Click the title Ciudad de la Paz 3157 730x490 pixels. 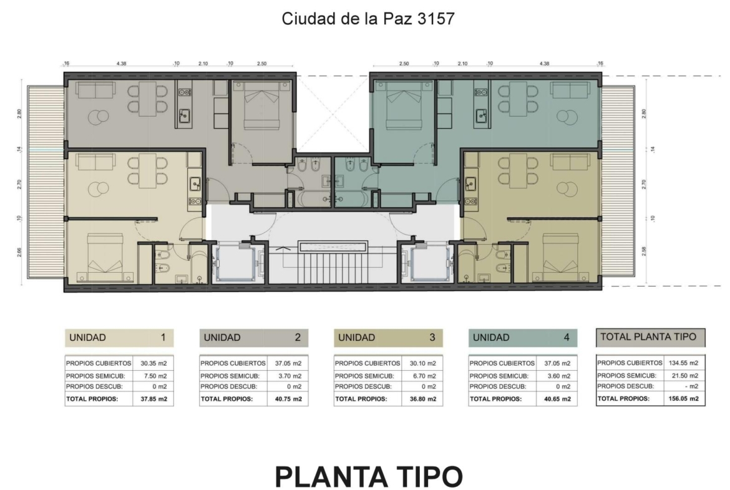pyautogui.click(x=367, y=19)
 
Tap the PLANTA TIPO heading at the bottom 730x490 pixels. pyautogui.click(x=369, y=476)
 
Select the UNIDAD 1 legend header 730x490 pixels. pyautogui.click(x=119, y=338)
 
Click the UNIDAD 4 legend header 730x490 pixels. pyautogui.click(x=523, y=338)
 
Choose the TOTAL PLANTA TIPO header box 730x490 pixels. pyautogui.click(x=650, y=337)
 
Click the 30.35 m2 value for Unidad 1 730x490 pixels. pyautogui.click(x=153, y=363)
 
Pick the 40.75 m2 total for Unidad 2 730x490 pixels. pyautogui.click(x=288, y=399)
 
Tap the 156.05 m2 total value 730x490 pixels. pyautogui.click(x=683, y=399)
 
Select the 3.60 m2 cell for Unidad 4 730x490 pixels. pyautogui.click(x=558, y=376)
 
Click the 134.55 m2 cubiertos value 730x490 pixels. pyautogui.click(x=683, y=363)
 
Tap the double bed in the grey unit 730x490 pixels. pyautogui.click(x=261, y=105)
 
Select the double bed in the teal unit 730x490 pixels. pyautogui.click(x=404, y=105)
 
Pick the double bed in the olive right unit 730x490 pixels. pyautogui.click(x=560, y=258)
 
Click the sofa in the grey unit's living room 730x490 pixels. pyautogui.click(x=95, y=91)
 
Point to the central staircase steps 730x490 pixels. pyautogui.click(x=333, y=268)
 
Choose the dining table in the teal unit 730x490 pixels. pyautogui.click(x=517, y=99)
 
